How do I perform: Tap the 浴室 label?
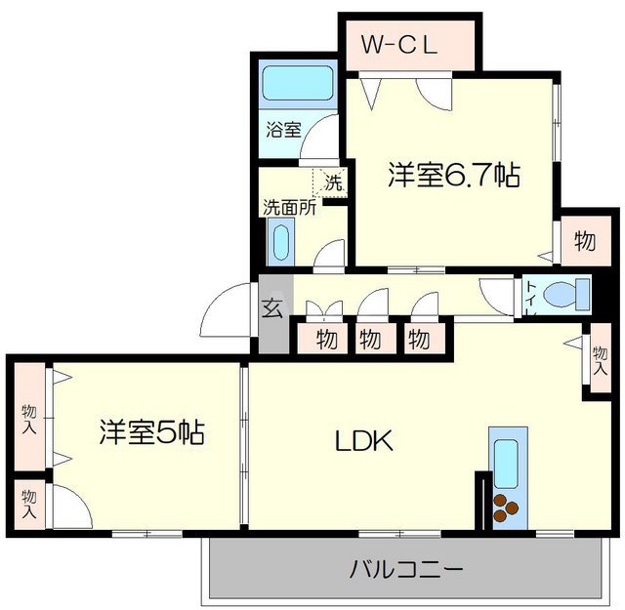[284, 128]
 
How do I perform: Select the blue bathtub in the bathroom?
[299, 84]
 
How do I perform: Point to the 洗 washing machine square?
[332, 183]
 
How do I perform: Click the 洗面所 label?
[288, 207]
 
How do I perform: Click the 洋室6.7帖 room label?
[452, 176]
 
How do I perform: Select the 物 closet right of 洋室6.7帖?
[584, 240]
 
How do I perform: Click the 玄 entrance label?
[273, 309]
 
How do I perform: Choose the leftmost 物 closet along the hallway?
[326, 341]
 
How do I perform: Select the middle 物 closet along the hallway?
[370, 341]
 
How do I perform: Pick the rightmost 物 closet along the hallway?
[418, 341]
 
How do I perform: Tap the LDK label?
[364, 442]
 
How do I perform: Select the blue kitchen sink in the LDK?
[505, 462]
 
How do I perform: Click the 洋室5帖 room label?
[150, 432]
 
